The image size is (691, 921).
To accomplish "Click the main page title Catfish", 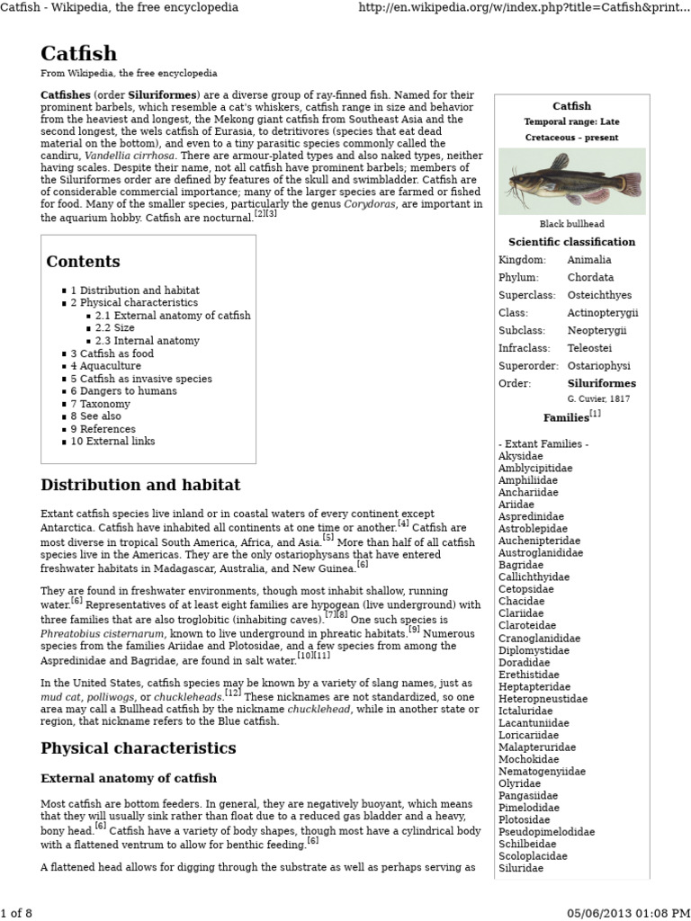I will tap(80, 52).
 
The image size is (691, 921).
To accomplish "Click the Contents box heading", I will tap(83, 262).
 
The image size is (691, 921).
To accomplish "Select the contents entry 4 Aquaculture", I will tap(106, 366).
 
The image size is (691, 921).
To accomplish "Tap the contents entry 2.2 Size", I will tap(115, 328).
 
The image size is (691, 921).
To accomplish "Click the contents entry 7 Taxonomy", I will tap(103, 404).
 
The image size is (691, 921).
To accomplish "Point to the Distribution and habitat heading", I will tap(140, 486).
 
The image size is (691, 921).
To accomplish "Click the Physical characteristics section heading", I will tap(139, 748).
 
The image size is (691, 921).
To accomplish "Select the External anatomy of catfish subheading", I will tap(129, 778).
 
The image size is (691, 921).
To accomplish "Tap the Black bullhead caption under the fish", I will tap(571, 224).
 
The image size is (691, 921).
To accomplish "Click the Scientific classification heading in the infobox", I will tap(571, 242).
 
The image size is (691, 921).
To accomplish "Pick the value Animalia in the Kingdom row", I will tap(589, 260).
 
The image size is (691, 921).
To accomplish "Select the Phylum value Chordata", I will tap(590, 277).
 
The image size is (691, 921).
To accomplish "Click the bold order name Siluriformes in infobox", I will tap(601, 383).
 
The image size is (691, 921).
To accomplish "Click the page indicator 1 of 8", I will tap(16, 914).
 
